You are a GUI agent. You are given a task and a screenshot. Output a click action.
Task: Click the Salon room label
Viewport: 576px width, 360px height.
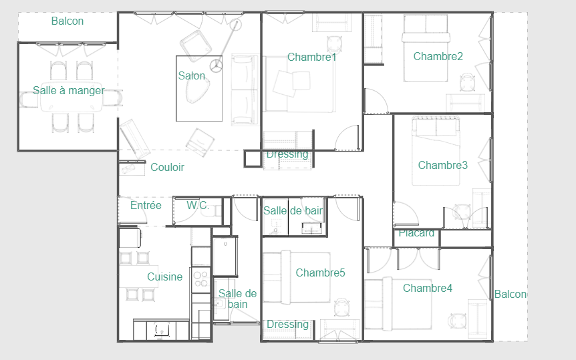click(191, 75)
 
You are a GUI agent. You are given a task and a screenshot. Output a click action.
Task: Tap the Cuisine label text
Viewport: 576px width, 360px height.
click(164, 277)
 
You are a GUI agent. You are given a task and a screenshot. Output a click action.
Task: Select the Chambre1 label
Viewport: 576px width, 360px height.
click(312, 57)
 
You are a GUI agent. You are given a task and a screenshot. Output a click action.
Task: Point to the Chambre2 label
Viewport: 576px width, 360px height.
click(438, 56)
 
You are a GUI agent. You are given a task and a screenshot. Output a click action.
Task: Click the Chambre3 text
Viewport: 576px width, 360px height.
click(442, 165)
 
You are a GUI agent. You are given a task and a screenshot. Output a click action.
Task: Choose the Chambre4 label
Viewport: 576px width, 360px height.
click(427, 288)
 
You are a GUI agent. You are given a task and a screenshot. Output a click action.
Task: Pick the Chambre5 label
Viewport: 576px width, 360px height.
click(320, 273)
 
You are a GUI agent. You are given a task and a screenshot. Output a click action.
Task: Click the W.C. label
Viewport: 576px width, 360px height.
click(198, 205)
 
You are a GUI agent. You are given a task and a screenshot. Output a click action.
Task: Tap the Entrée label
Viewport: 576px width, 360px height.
click(146, 205)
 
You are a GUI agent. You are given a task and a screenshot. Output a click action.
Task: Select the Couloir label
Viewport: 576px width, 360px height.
click(167, 167)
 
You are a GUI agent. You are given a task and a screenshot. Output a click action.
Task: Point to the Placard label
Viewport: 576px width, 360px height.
click(416, 233)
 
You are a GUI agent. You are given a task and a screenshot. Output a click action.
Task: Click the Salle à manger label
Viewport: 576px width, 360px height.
click(69, 90)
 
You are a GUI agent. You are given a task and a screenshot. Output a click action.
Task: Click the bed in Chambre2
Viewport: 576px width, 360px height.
click(426, 48)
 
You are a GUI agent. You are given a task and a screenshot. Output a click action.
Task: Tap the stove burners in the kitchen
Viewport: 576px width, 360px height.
click(200, 279)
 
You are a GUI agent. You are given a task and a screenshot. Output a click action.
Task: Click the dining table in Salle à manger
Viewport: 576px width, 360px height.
click(71, 97)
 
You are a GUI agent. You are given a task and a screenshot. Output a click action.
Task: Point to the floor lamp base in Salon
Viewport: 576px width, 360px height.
click(216, 67)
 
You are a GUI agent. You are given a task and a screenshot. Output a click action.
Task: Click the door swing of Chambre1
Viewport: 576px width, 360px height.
click(346, 138)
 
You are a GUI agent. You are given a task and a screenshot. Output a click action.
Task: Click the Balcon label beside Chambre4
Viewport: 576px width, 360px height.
click(511, 295)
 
